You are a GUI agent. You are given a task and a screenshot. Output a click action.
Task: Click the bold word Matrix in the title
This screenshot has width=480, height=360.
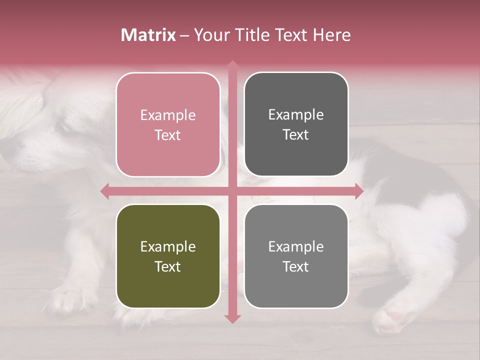click(148, 35)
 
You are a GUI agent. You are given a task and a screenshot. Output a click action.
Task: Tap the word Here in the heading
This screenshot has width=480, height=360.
click(332, 35)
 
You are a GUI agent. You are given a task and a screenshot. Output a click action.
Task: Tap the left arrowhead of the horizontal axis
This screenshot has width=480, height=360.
click(104, 191)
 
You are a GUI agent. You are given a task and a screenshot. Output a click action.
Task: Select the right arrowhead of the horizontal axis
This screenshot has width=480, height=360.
click(359, 191)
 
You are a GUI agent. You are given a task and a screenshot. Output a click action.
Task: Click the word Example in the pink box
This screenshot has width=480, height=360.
click(168, 115)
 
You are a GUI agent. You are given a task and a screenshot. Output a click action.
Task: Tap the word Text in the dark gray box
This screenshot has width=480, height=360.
click(296, 135)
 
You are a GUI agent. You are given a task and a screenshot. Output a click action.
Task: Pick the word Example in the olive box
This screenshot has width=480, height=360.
click(168, 247)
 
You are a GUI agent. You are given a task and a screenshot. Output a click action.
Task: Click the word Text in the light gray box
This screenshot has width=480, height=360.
click(296, 266)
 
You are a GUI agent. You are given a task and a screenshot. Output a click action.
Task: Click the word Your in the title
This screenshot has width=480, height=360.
click(210, 35)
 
